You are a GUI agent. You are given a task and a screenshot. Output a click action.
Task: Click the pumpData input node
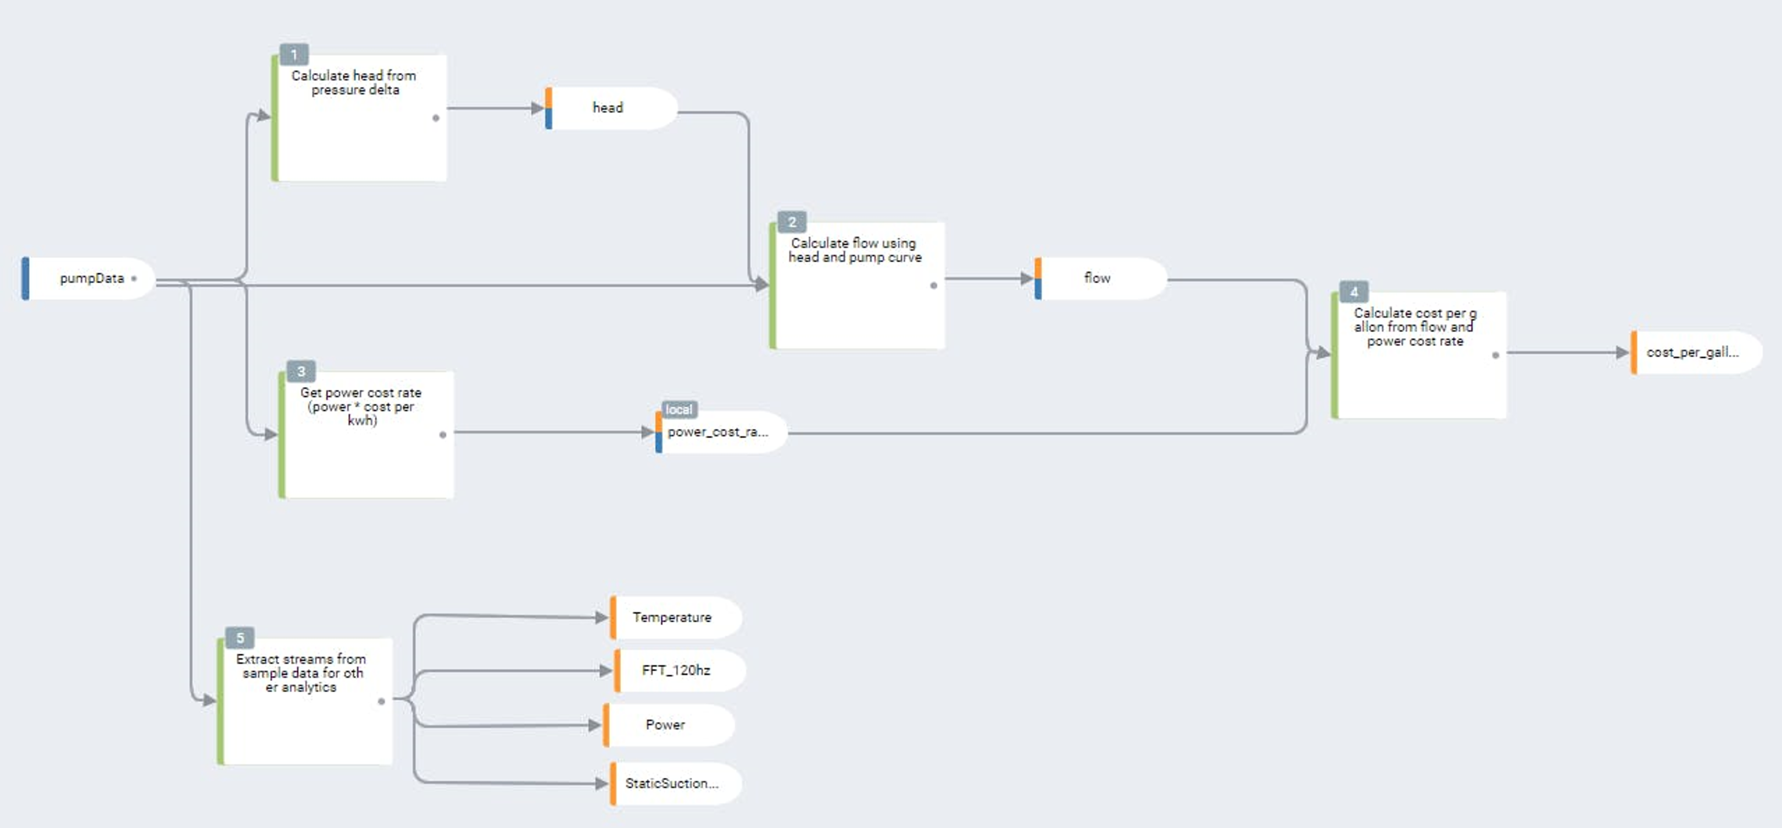point(90,278)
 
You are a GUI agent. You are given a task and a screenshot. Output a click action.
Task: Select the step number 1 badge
point(294,54)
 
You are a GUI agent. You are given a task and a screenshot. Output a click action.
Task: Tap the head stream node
point(609,108)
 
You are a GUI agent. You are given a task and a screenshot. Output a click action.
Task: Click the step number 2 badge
point(792,222)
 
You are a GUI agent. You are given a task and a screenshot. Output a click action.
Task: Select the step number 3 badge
point(301,371)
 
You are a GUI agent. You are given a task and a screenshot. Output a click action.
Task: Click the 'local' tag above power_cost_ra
point(678,409)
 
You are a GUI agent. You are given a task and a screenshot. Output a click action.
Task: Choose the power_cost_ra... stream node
point(720,432)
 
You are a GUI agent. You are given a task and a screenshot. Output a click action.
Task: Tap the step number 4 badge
point(1353,291)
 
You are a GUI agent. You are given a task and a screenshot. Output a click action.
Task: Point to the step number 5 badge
point(240,638)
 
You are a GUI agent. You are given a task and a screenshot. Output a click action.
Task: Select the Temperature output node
point(672,617)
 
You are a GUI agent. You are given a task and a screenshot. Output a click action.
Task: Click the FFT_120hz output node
point(677,670)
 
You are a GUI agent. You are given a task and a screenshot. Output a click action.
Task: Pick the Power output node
point(665,725)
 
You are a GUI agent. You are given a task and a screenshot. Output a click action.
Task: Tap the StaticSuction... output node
point(672,783)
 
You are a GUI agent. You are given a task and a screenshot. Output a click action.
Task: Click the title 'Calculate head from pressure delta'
point(354,82)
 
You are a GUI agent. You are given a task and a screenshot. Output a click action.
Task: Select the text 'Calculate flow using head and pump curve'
point(855,250)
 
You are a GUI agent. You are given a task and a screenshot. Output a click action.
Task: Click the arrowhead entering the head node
point(537,108)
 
